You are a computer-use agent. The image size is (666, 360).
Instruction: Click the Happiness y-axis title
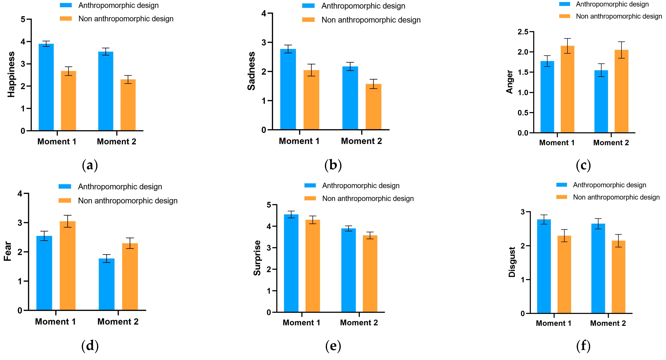click(11, 74)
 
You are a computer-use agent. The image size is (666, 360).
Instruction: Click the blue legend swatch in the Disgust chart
click(562, 185)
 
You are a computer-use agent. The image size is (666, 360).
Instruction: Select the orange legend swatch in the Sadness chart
click(308, 20)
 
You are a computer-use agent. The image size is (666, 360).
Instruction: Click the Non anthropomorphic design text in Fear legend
click(128, 201)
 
